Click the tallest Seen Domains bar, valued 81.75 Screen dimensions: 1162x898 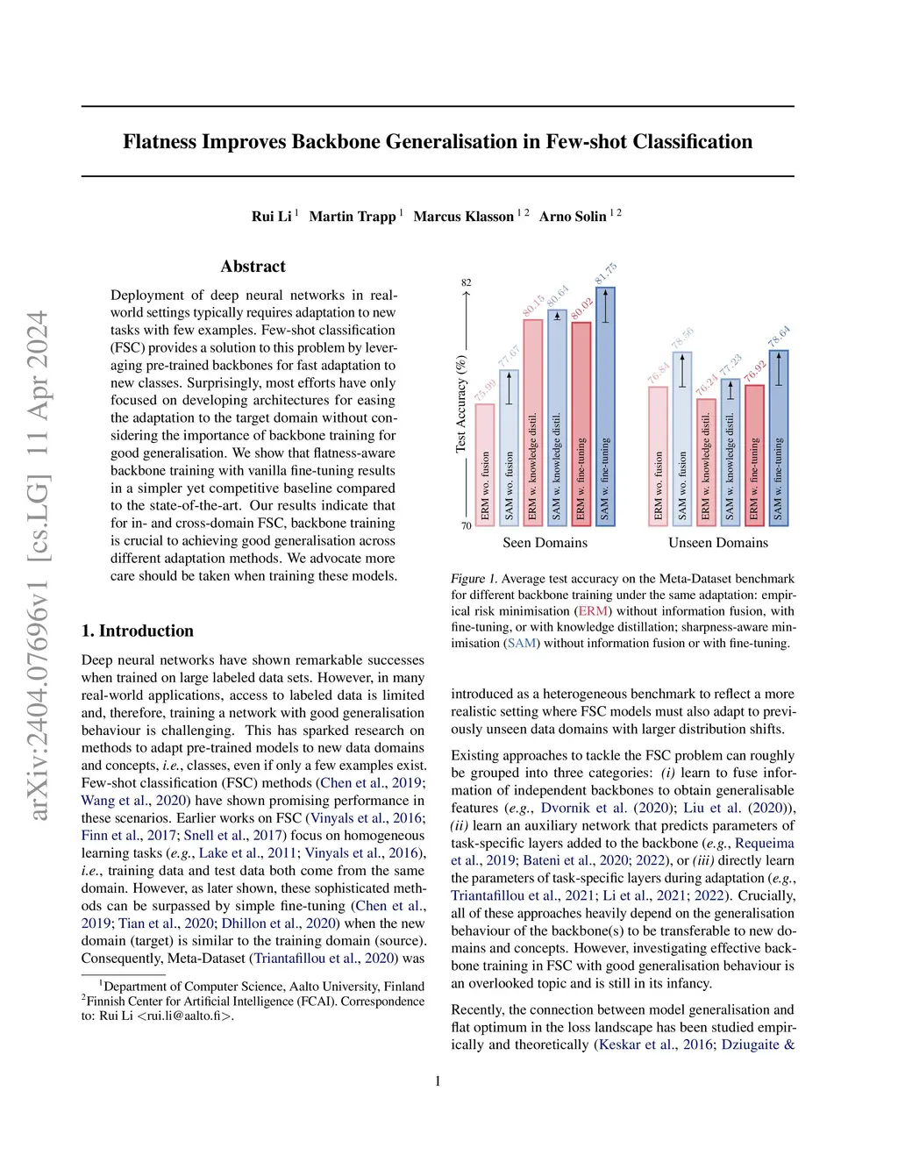(x=605, y=406)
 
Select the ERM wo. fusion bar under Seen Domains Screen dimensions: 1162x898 (x=485, y=465)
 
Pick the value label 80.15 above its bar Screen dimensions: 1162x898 (x=533, y=305)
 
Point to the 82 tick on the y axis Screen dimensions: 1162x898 (x=467, y=282)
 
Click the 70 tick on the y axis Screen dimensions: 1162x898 (x=467, y=526)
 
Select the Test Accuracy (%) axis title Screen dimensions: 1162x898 (x=460, y=403)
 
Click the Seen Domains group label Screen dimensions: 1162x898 (x=545, y=543)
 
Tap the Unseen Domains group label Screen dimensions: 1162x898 (x=717, y=543)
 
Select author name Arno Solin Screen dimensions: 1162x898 (x=573, y=217)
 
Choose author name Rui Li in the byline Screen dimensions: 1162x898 (x=271, y=217)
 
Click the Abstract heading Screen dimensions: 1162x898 (x=253, y=267)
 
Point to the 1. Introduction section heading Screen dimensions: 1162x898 (x=138, y=631)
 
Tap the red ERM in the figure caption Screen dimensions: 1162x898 (x=593, y=611)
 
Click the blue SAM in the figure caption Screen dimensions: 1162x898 (x=522, y=643)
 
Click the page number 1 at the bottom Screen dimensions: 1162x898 (x=438, y=1081)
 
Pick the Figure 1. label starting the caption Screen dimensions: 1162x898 (x=474, y=579)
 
